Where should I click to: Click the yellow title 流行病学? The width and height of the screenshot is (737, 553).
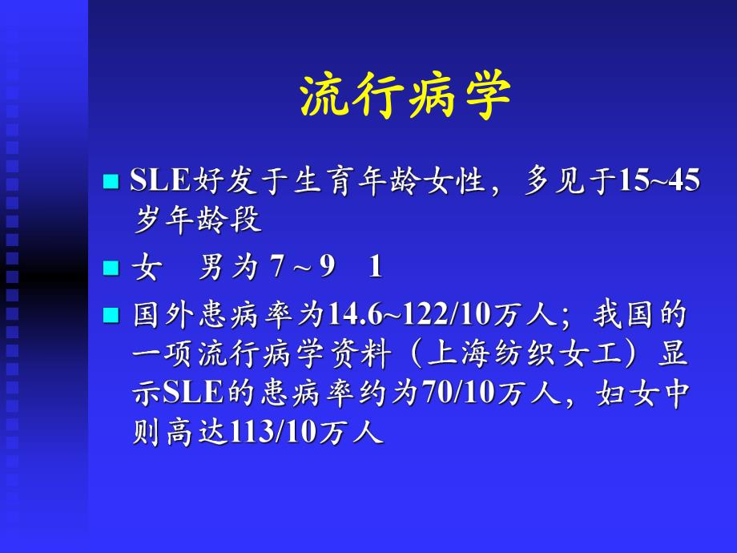pos(405,98)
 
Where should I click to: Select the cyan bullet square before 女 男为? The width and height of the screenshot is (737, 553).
pos(111,268)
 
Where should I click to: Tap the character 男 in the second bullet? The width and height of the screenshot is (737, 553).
pos(211,268)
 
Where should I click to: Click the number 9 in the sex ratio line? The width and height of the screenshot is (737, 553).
pos(326,268)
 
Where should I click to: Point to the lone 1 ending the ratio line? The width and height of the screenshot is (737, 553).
pos(375,268)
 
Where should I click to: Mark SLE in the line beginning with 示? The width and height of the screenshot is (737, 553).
pos(191,394)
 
